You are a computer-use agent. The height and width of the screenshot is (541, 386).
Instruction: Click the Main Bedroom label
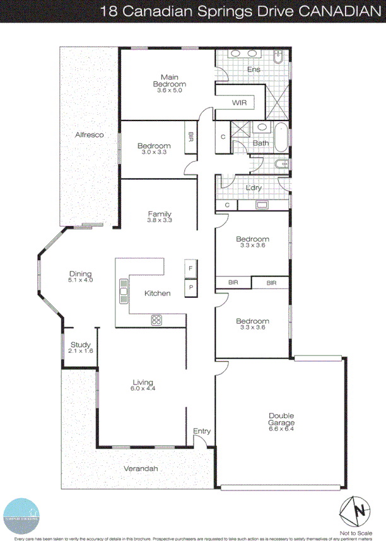tap(169, 80)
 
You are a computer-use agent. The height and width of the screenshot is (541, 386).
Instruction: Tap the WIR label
tap(239, 102)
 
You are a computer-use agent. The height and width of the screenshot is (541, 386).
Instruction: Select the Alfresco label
tap(89, 134)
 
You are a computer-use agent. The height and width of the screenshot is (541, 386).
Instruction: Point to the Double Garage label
tap(281, 419)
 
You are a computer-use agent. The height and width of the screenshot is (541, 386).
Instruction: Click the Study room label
tap(80, 345)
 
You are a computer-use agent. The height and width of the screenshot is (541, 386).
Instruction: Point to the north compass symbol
tap(354, 509)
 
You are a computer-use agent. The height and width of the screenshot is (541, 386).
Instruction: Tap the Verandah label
tap(141, 469)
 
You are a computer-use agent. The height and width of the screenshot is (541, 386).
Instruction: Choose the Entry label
tap(202, 431)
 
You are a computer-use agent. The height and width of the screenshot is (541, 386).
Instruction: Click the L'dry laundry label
tap(254, 188)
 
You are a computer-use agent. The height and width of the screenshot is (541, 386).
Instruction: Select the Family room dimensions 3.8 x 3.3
tap(160, 221)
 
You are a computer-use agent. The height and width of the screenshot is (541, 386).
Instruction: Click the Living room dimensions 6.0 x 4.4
tap(143, 388)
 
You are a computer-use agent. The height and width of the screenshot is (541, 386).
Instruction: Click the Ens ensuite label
tap(254, 69)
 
